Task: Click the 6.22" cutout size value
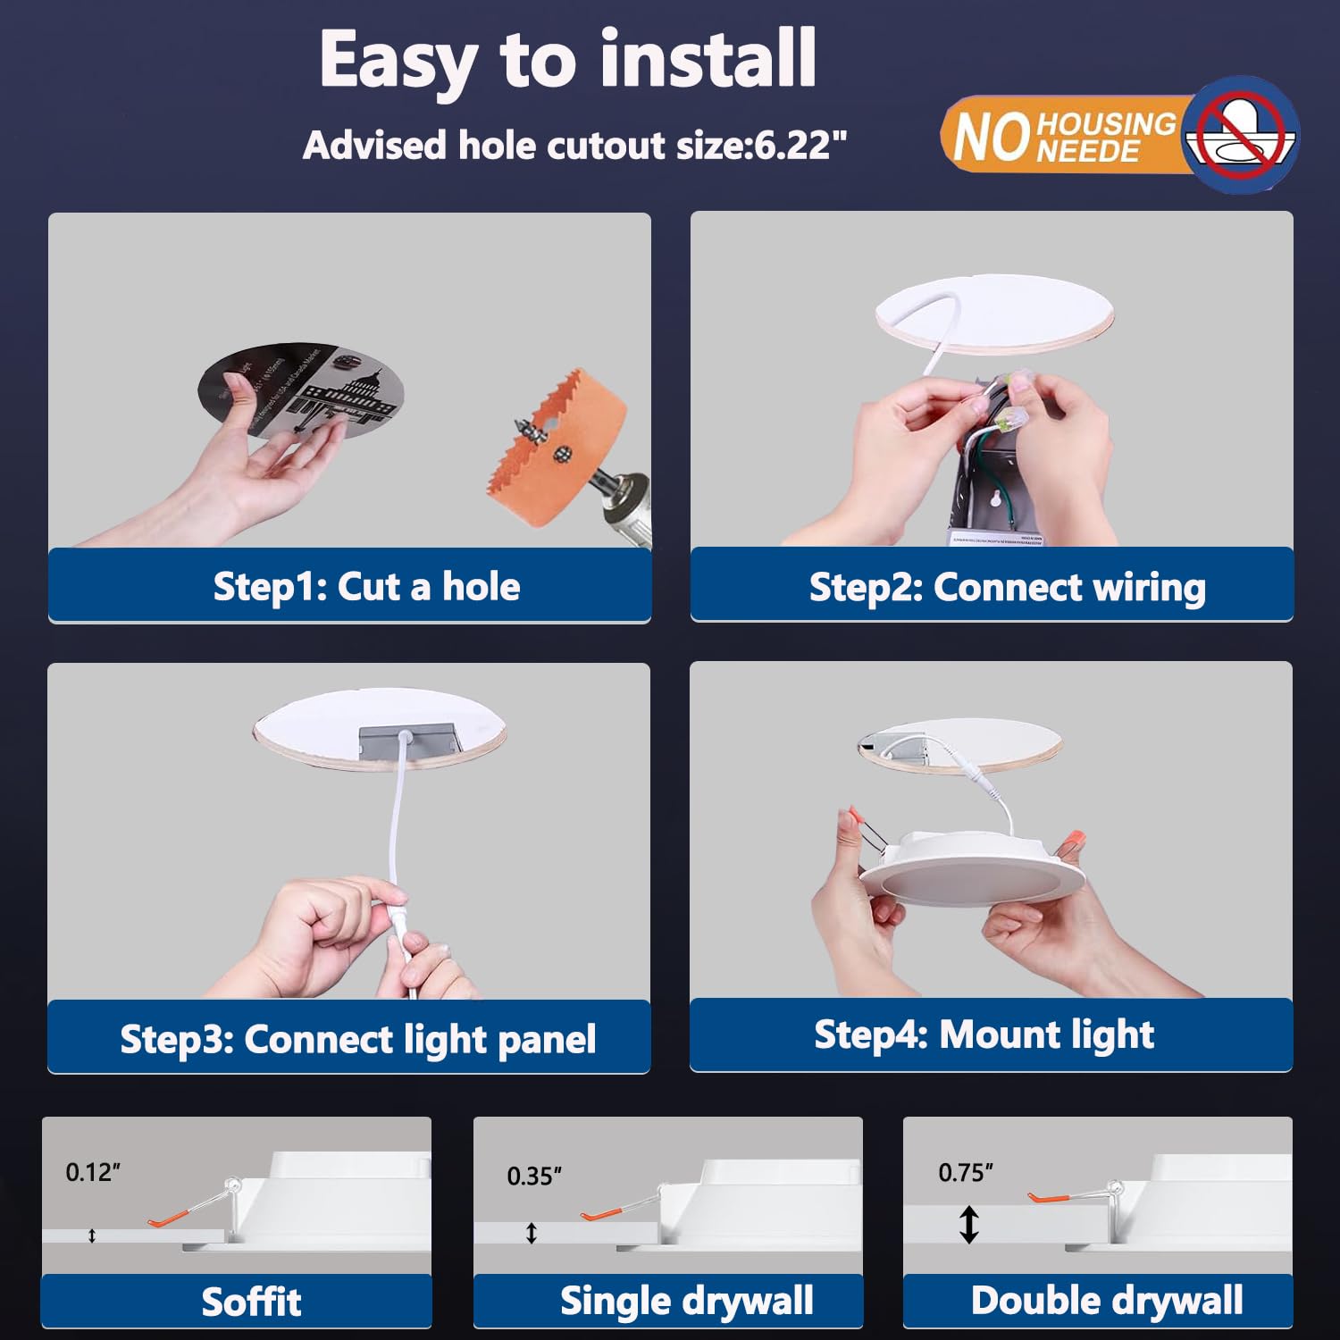coord(800,146)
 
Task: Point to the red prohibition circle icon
coord(1241,134)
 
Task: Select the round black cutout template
coord(300,390)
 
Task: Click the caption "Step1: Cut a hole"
coord(366,587)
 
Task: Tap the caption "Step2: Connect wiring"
coord(1007,587)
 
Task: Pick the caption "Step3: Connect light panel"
coord(357,1039)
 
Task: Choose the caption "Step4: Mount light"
coord(984,1034)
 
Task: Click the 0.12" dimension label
coord(93,1172)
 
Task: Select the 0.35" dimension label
coord(534,1176)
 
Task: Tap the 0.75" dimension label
coord(966,1172)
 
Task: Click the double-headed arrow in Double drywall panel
coord(969,1224)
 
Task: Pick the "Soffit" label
coord(251,1302)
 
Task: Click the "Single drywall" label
coord(686,1301)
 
